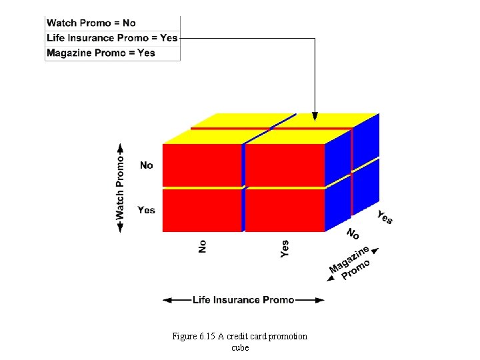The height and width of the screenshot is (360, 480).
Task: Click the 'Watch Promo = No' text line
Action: pos(91,23)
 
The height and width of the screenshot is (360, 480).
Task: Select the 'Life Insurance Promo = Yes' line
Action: pos(112,38)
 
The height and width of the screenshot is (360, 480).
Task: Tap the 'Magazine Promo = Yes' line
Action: pos(101,53)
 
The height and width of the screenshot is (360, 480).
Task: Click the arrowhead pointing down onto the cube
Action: pos(315,116)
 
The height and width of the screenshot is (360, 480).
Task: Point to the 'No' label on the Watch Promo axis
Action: pos(147,165)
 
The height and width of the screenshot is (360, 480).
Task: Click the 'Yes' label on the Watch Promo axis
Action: pos(146,210)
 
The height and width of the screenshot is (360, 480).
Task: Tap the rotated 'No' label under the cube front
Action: pos(203,247)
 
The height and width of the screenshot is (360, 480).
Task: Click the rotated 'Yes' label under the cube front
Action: pos(285,249)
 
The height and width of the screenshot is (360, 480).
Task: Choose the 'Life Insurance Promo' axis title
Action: pos(243,300)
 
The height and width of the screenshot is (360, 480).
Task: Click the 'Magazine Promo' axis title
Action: pos(351,264)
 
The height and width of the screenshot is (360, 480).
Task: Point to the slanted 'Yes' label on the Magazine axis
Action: pos(385,217)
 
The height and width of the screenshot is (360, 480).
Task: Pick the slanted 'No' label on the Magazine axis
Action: pos(353,234)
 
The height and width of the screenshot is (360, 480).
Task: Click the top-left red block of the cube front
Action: pos(201,165)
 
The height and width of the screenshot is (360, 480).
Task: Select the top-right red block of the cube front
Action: pos(285,165)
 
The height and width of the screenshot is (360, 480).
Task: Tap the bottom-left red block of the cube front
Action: pos(201,211)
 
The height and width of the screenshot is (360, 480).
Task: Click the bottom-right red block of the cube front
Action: pos(285,211)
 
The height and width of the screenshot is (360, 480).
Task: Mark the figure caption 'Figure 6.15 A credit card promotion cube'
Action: pos(240,341)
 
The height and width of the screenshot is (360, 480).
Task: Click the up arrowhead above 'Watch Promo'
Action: pos(120,147)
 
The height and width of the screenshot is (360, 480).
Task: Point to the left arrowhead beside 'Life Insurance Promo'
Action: pos(167,300)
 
